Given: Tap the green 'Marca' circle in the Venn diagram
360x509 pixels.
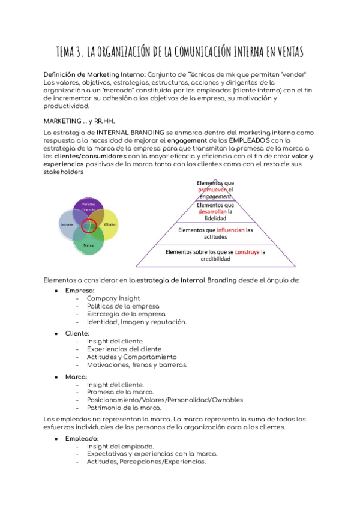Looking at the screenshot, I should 89,243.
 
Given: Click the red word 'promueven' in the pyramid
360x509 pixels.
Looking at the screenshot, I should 215,190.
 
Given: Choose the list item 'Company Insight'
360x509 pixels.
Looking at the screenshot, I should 113,298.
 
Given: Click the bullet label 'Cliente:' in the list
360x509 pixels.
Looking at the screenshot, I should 77,333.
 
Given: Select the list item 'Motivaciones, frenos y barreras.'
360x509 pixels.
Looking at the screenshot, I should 137,364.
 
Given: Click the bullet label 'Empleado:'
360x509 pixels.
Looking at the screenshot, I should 82,439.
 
